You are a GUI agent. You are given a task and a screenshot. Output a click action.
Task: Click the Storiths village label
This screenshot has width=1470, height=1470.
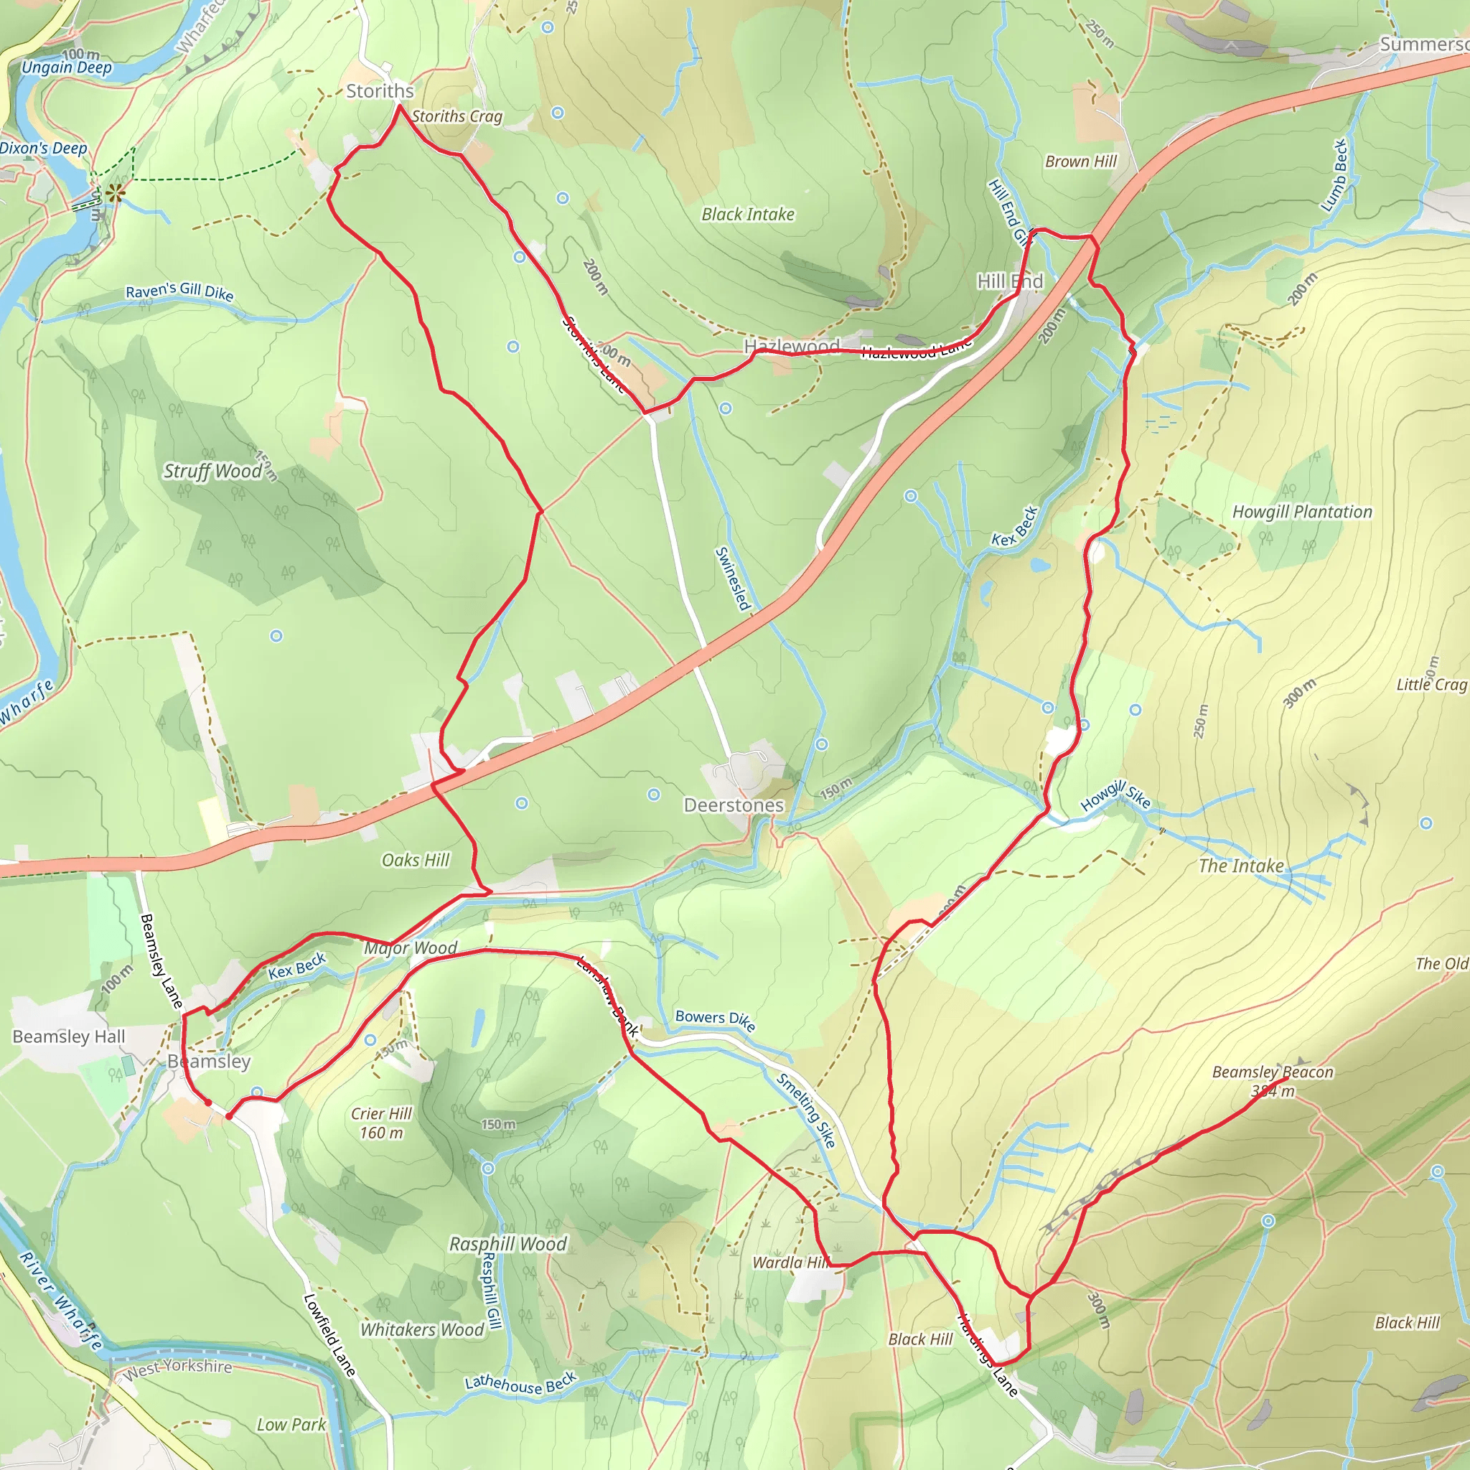point(380,91)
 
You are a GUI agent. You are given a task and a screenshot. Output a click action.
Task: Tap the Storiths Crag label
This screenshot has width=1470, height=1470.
point(457,116)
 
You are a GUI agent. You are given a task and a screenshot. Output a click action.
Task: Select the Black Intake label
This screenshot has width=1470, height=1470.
point(747,215)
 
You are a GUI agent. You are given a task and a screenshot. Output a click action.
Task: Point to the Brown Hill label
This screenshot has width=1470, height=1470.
point(1080,161)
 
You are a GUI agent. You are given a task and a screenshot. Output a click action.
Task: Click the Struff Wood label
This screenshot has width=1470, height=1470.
point(212,471)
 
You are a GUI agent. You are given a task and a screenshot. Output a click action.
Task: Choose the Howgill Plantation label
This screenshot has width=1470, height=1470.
point(1302,512)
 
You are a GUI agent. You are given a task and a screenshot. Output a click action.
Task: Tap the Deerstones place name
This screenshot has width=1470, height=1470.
point(734,805)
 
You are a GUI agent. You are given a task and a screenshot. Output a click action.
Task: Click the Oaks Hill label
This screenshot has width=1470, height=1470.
point(416,860)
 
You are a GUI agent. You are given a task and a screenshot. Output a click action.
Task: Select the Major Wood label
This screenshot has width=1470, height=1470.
point(410,948)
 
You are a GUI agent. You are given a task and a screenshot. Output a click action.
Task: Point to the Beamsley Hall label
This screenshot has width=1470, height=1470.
point(68,1036)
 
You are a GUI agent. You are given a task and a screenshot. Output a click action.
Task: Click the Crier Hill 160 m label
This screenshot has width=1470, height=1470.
point(381,1123)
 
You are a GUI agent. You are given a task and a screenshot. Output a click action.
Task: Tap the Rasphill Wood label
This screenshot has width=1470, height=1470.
point(507,1244)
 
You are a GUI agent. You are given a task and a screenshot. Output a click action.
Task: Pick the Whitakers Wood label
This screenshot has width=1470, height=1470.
point(422,1329)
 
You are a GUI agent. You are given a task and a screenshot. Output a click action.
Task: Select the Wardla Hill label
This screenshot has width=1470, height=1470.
point(790,1263)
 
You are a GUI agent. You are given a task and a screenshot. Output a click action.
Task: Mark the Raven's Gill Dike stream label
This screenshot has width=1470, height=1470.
point(179,291)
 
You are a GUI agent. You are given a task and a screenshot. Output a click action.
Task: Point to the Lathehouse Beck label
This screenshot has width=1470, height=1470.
point(521,1382)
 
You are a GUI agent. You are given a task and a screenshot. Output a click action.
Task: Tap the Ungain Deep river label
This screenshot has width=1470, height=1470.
point(66,67)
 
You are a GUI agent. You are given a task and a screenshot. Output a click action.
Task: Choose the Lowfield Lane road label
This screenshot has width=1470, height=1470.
point(329,1335)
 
